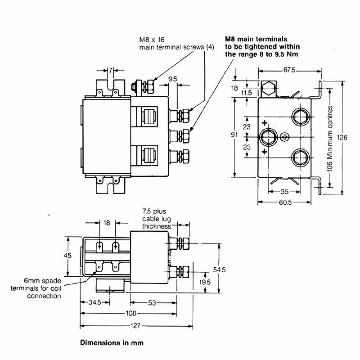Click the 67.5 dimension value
pos(289,70)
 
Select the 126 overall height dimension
pos(342,137)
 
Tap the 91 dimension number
pos(234,134)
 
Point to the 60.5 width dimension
pos(285,202)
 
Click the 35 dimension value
pos(284,192)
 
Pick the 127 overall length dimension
pos(135,325)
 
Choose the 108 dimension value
pos(131,313)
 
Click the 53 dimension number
pos(152,303)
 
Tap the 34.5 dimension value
pos(95,302)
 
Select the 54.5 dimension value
pos(219,270)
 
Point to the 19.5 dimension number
pos(205,282)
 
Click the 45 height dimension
pos(67,255)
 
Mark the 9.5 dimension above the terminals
pos(173,79)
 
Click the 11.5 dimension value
pos(246,93)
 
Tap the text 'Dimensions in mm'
pos(112,343)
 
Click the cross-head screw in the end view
pos(285,137)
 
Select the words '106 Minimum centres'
pos(330,139)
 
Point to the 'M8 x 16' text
pos(152,40)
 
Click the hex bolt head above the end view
pos(269,88)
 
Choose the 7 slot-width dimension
pos(110,70)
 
